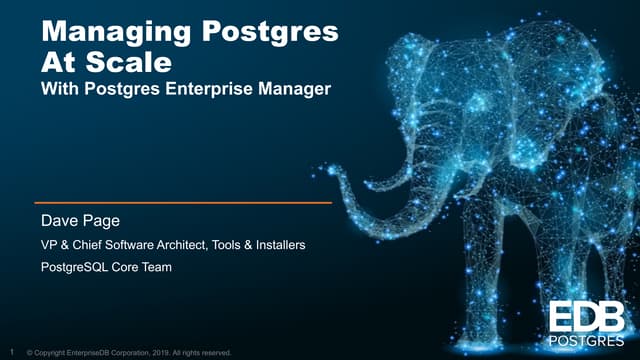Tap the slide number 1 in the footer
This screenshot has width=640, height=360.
tap(11, 352)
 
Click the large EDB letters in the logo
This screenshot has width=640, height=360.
tap(587, 317)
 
